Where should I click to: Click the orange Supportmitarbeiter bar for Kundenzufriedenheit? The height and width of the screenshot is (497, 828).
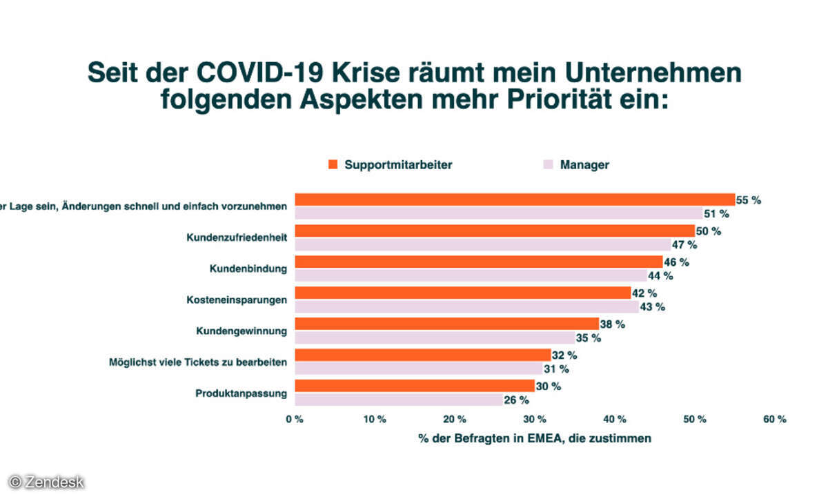coord(494,231)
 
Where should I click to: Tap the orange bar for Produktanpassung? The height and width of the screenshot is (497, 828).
coord(414,386)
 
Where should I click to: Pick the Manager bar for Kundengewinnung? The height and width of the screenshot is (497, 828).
coord(435,338)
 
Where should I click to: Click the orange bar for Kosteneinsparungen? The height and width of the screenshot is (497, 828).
coord(462,293)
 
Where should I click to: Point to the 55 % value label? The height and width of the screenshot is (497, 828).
coord(749,200)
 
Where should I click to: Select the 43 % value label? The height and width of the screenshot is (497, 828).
coord(652,306)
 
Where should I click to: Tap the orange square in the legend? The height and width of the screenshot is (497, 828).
coord(333,164)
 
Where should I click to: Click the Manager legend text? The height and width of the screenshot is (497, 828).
coord(584,164)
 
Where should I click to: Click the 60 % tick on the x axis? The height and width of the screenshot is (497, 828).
coord(775,419)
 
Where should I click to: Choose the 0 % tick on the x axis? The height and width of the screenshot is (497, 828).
coord(295,419)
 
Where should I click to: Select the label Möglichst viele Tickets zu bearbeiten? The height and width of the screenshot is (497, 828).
coord(198,361)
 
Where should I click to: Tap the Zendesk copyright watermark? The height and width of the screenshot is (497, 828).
coord(46,482)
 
